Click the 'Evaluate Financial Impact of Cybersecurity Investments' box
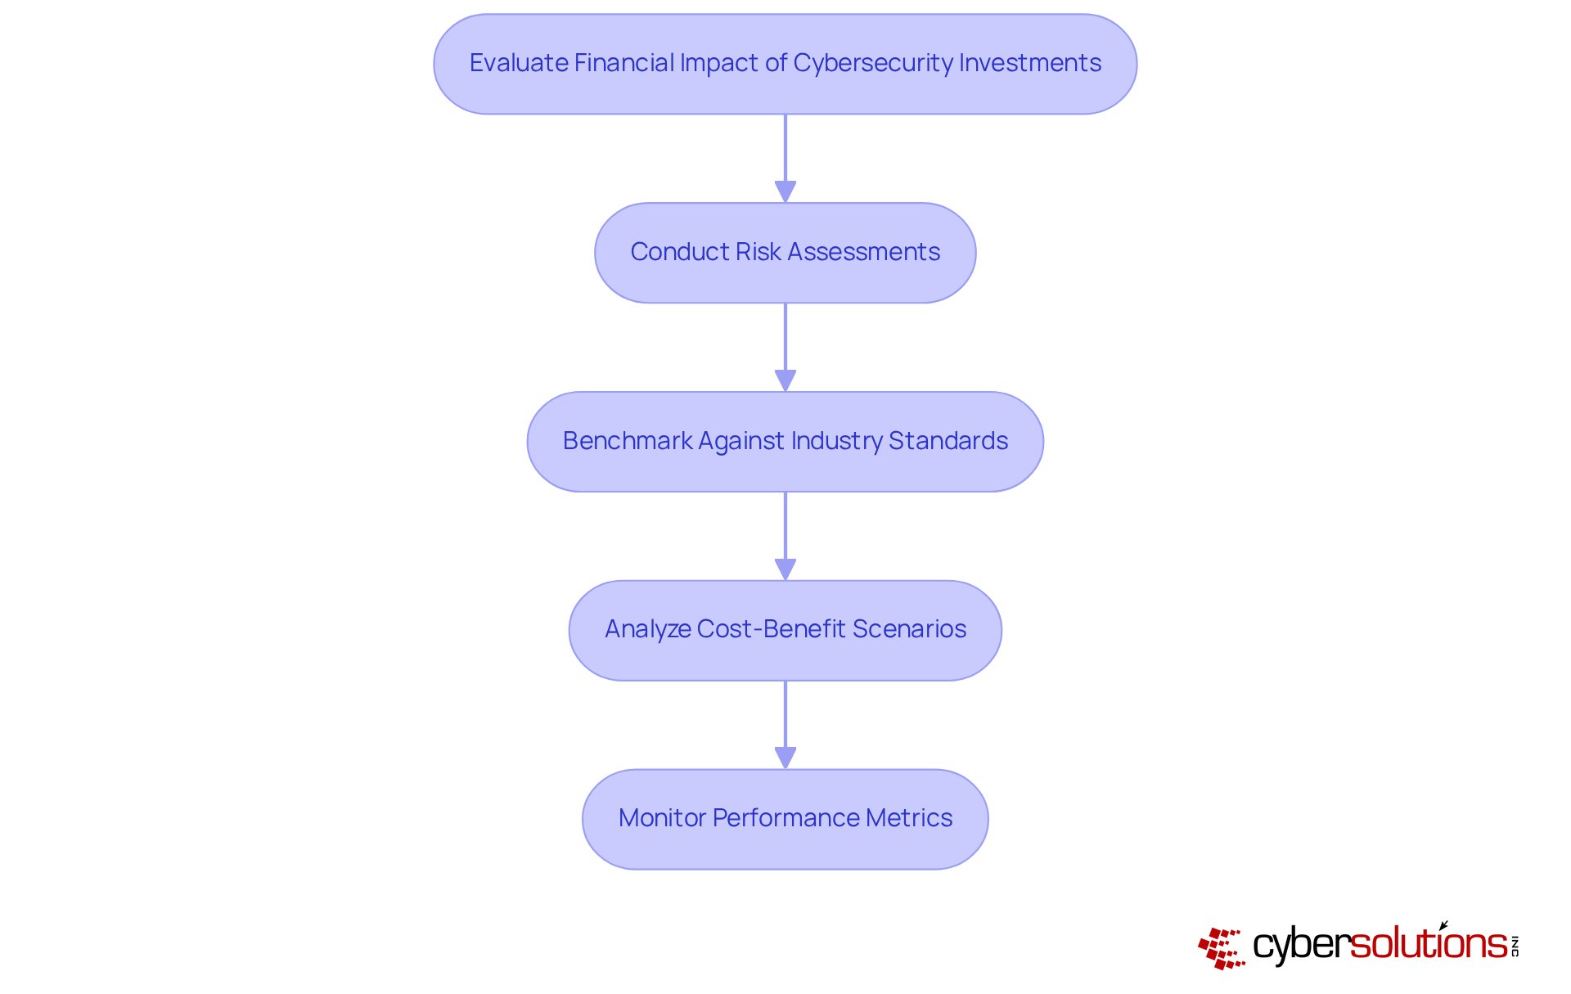(785, 64)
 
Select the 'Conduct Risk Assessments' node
(785, 253)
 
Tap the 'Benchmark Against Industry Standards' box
(785, 442)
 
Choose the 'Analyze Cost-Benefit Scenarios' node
(785, 631)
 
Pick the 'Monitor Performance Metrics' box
(785, 819)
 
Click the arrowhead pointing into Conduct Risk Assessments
(785, 192)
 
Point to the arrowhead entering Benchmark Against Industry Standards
(785, 381)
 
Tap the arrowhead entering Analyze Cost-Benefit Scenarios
(785, 570)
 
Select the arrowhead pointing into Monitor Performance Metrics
(785, 758)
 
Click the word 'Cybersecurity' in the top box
(872, 63)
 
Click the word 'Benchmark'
(628, 441)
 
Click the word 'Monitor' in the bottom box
(662, 818)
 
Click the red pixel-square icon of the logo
(1222, 948)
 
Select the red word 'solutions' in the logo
(1429, 944)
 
